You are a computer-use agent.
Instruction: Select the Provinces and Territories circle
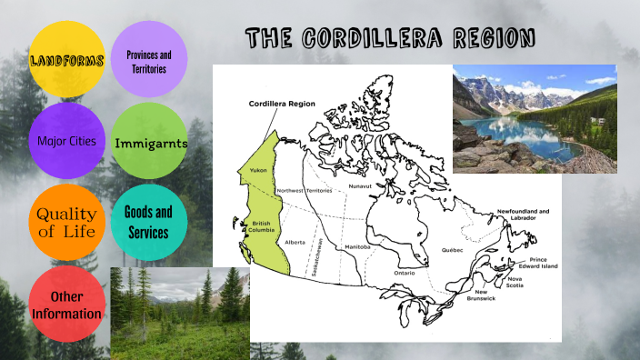click(148, 61)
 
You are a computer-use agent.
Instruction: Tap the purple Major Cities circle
click(66, 142)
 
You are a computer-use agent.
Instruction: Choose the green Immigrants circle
click(149, 143)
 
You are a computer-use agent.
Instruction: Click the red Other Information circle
click(66, 305)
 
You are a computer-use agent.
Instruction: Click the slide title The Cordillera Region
click(389, 39)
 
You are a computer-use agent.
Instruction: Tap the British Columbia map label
click(262, 227)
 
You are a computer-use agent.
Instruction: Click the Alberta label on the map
click(295, 243)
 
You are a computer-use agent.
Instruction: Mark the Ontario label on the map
click(404, 273)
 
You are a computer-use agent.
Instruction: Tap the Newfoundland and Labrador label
click(523, 215)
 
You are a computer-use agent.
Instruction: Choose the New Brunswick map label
click(481, 295)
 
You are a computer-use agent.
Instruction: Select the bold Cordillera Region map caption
click(282, 105)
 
